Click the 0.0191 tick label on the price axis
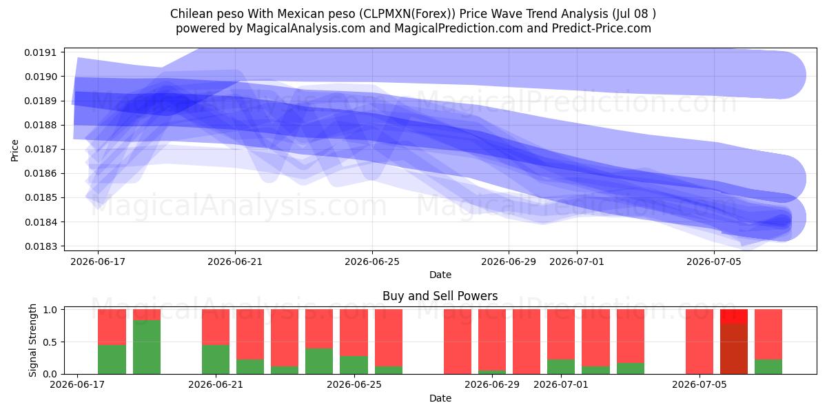click(41, 52)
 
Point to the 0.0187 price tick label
click(41, 149)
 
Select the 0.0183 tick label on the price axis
click(41, 246)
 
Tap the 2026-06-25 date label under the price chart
click(372, 262)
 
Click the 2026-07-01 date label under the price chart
click(577, 262)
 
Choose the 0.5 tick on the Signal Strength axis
click(50, 342)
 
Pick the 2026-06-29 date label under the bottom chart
click(492, 384)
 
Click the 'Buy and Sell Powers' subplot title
click(440, 296)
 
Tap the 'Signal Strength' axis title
click(33, 340)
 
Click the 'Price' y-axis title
click(14, 150)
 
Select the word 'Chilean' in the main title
click(188, 14)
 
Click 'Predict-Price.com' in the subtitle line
click(602, 28)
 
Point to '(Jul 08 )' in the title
click(634, 14)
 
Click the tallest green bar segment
click(147, 347)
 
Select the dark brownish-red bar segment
click(734, 348)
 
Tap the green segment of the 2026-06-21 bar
click(216, 359)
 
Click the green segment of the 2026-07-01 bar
click(561, 366)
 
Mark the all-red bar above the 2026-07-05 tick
click(700, 342)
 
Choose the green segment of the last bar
click(768, 366)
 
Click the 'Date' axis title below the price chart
click(440, 275)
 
